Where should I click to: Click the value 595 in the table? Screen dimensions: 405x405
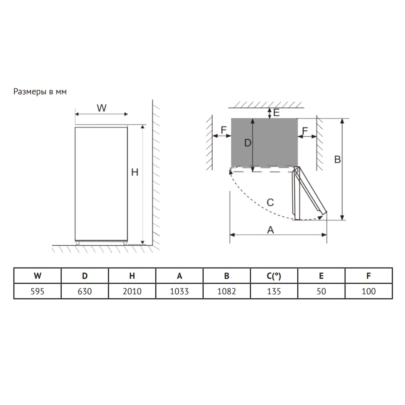click(37, 291)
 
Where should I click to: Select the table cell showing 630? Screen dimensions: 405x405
click(85, 291)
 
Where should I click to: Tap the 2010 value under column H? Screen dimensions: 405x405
click(132, 291)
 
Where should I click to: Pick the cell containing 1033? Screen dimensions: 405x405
click(179, 291)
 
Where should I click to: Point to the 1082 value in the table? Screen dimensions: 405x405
click(226, 291)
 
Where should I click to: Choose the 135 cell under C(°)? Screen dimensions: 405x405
click(274, 291)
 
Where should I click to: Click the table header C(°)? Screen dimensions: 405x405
click(274, 276)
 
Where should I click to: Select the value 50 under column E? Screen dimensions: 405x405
click(321, 291)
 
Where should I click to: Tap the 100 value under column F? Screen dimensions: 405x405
click(369, 291)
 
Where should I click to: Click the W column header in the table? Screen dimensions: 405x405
click(37, 276)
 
